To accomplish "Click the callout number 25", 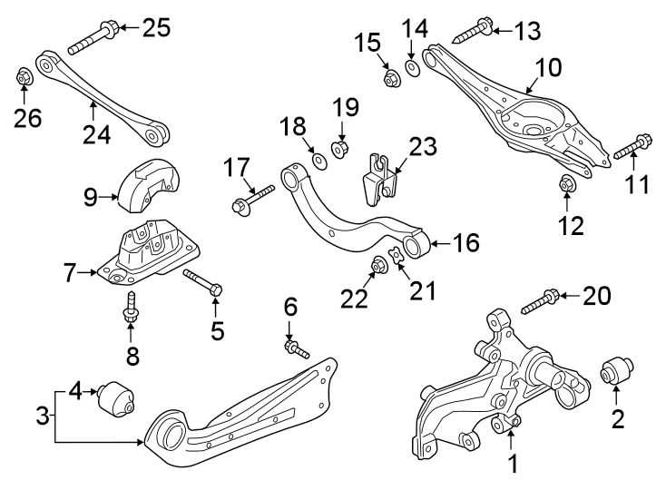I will point(156,28).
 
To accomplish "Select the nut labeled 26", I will point(25,78).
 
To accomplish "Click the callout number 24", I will point(96,134).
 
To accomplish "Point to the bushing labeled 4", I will point(116,397).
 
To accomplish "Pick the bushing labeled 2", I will point(617,373).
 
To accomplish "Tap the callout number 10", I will point(547,68).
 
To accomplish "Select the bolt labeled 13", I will point(471,34).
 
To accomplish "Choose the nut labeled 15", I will point(393,81).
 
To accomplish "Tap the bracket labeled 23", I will point(380,178).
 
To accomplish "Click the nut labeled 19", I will point(341,147).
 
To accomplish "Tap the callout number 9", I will point(91,196).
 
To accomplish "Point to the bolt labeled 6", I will point(298,348).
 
